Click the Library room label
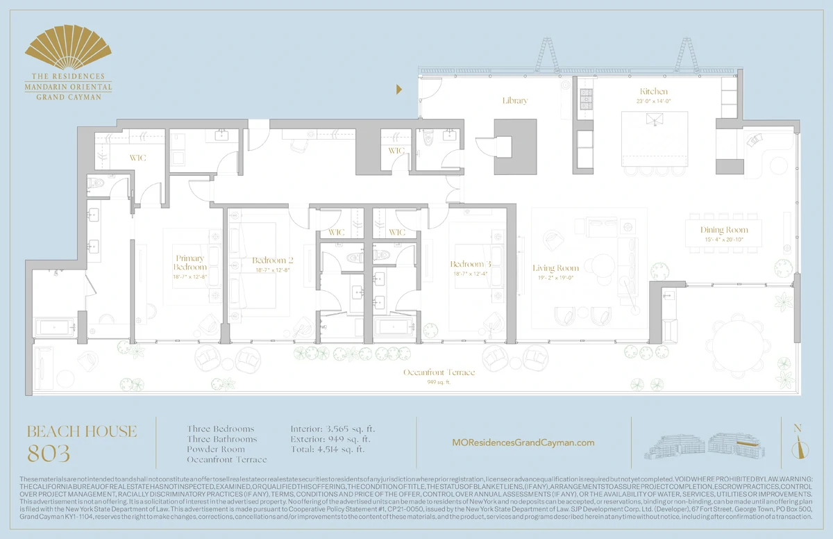(515, 101)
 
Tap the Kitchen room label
(654, 92)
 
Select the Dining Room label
(723, 230)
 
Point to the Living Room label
(555, 268)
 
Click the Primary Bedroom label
(190, 263)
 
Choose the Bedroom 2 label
(272, 261)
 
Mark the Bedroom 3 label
(471, 264)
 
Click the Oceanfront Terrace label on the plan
(439, 373)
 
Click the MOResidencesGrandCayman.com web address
(523, 442)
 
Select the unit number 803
(49, 454)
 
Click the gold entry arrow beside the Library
(400, 89)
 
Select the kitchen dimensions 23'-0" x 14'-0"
(654, 101)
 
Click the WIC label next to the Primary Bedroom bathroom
(137, 158)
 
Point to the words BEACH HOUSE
(82, 431)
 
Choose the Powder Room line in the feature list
(217, 449)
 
